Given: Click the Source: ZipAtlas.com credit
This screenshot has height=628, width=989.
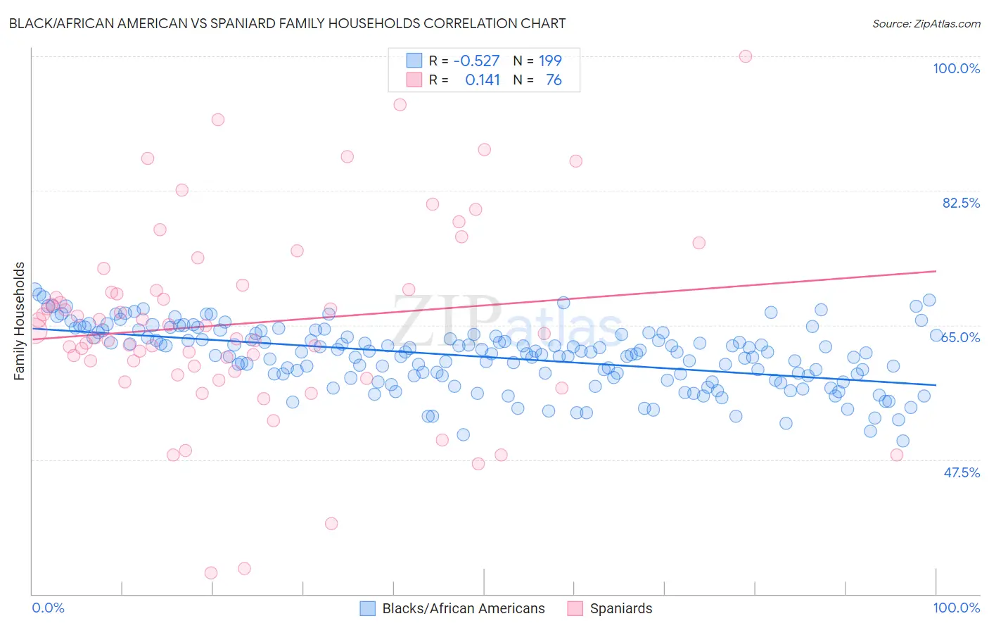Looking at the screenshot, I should click(x=926, y=24).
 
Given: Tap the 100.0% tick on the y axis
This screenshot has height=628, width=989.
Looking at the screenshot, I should click(x=956, y=68).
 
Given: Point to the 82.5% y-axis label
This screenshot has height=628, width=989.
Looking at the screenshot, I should click(x=961, y=203).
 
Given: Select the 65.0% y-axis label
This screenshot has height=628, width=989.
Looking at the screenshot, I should click(x=961, y=337).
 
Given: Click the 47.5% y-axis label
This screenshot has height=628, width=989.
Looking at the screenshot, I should click(x=961, y=472).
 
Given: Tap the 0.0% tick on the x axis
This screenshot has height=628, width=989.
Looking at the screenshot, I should click(x=49, y=608).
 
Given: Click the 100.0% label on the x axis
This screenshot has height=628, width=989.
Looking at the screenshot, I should click(x=956, y=608).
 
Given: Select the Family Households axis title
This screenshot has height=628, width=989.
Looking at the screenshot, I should click(x=20, y=321).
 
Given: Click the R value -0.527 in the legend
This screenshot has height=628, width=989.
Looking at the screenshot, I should click(x=476, y=61).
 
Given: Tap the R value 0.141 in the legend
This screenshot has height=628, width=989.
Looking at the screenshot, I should click(x=483, y=80).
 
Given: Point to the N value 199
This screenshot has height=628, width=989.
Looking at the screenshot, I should click(x=550, y=61).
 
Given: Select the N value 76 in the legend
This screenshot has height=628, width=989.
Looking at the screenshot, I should click(x=554, y=80).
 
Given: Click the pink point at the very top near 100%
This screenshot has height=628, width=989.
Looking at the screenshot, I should click(x=746, y=56).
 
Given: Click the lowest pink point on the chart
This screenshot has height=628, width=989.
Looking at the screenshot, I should click(x=211, y=573).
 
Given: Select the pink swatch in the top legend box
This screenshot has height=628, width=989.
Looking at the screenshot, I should click(x=414, y=80).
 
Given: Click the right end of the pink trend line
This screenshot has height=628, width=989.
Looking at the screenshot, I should click(x=936, y=271).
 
